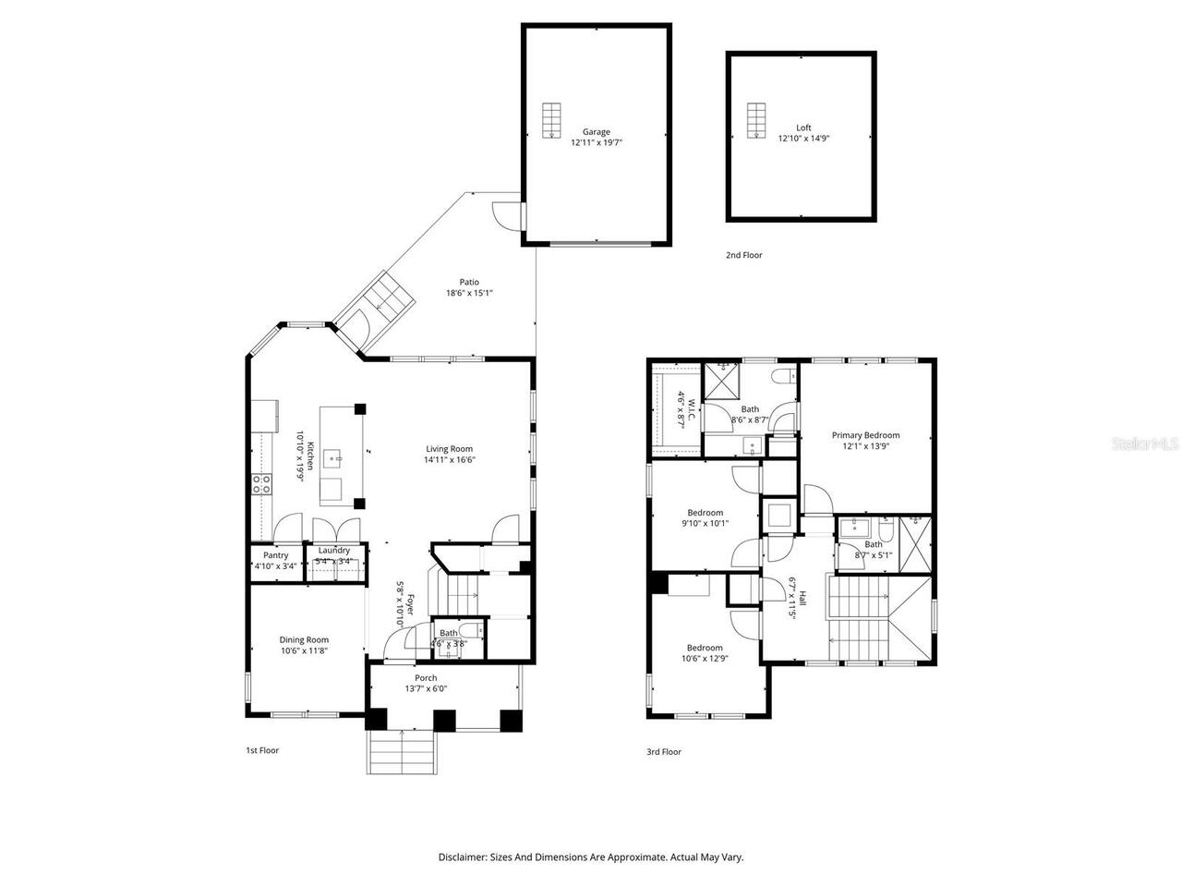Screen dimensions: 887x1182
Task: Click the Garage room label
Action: pos(596,132)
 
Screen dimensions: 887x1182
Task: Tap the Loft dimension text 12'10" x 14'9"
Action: pos(803,139)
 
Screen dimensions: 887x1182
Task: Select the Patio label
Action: pos(469,283)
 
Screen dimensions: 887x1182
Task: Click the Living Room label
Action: pos(449,449)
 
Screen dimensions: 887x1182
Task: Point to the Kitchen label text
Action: pos(311,456)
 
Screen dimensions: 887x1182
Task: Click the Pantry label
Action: pos(275,555)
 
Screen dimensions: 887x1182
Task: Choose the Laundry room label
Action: pos(333,551)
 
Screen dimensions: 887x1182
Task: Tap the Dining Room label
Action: pos(304,639)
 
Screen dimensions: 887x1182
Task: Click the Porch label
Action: pos(426,678)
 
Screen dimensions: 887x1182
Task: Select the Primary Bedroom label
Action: pos(865,435)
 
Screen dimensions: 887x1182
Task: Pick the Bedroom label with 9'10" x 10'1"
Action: pos(705,513)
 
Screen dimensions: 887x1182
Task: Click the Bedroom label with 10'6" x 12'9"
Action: pos(704,648)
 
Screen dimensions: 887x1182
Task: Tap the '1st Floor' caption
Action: pos(256,750)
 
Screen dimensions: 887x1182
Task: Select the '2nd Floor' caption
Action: pos(743,255)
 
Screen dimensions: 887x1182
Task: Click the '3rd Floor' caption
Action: pos(663,751)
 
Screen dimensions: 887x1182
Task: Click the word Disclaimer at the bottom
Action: pos(462,857)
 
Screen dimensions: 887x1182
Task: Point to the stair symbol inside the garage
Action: pos(551,120)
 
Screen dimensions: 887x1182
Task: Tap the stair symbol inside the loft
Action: pos(756,120)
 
